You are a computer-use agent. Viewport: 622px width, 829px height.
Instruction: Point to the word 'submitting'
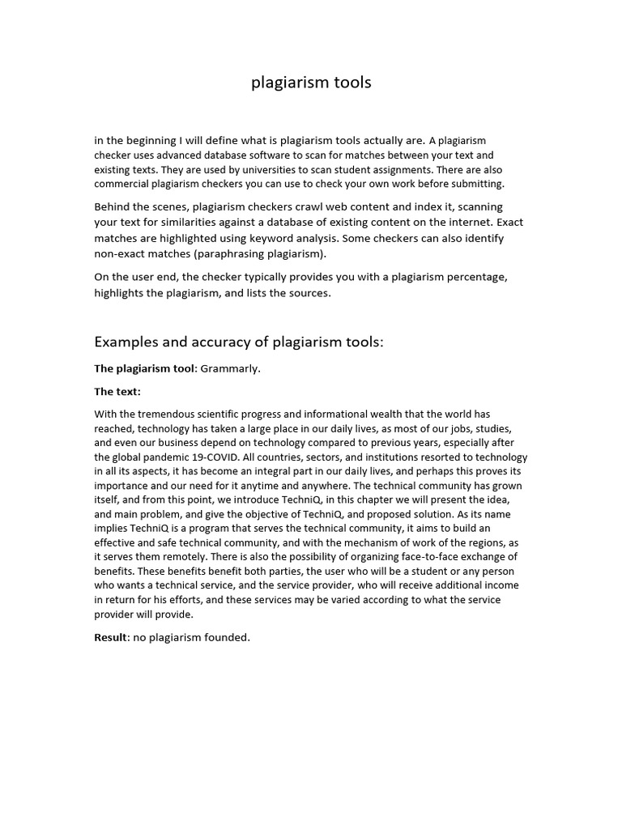coord(474,184)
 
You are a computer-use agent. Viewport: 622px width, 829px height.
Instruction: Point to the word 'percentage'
coord(472,277)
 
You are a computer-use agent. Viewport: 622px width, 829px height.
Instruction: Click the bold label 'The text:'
coord(117,392)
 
